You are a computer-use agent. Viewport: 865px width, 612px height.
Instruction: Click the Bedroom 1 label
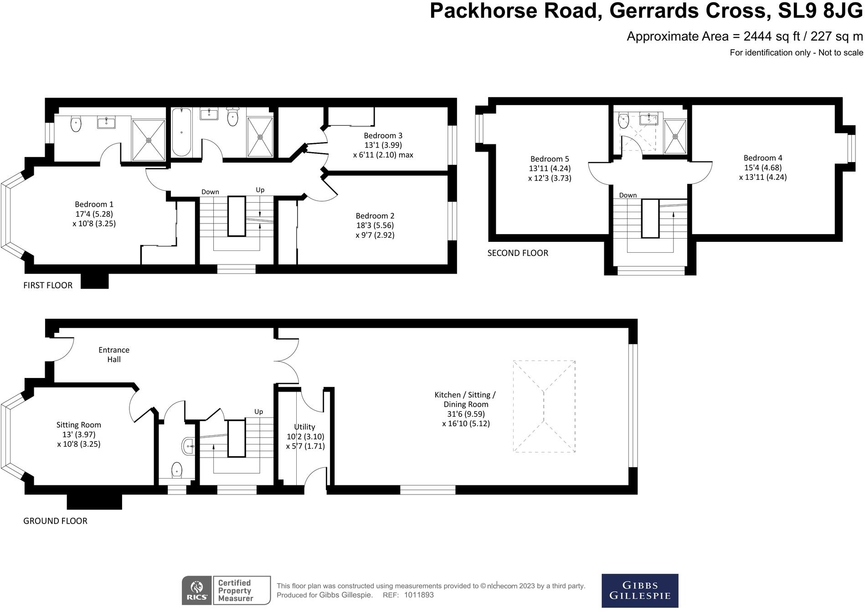[x=94, y=204]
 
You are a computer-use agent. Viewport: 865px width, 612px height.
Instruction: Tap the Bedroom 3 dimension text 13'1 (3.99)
[x=383, y=145]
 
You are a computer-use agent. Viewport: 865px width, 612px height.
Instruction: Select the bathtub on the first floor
[x=181, y=132]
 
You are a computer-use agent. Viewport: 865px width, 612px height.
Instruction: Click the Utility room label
[x=304, y=427]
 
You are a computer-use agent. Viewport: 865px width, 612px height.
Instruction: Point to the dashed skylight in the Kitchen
[x=544, y=406]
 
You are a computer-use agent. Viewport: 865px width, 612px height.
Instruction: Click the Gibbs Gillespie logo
[x=639, y=591]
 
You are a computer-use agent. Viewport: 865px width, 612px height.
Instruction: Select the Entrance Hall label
[x=114, y=354]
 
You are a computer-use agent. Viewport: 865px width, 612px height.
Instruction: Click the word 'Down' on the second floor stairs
[x=628, y=195]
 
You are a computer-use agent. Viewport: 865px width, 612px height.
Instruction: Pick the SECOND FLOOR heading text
[x=518, y=253]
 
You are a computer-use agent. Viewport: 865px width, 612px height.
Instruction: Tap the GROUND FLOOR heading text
[x=55, y=520]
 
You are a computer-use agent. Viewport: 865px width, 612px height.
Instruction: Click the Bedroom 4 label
[x=762, y=158]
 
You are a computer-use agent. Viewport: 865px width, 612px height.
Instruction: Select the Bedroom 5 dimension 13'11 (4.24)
[x=550, y=168]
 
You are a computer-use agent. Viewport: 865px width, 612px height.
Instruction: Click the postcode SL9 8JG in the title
[x=820, y=11]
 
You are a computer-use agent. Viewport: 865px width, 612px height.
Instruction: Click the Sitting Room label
[x=78, y=424]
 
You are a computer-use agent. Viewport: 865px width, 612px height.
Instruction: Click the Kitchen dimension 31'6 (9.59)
[x=466, y=414]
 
